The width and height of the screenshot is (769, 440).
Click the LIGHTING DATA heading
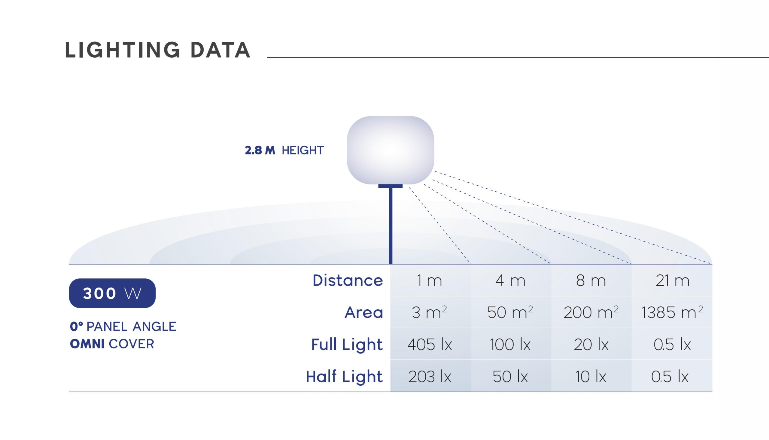point(157,50)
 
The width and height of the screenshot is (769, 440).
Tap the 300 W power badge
point(112,293)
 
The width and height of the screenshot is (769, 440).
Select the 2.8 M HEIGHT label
point(284,150)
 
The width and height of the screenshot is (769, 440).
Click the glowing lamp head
point(391,150)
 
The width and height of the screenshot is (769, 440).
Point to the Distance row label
point(348,280)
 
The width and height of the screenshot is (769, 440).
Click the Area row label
point(364,312)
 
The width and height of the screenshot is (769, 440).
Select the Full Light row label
point(347,344)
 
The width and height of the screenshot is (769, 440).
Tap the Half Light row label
point(344,377)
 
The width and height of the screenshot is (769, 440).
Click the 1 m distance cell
point(429,281)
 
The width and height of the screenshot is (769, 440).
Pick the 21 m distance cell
point(673,281)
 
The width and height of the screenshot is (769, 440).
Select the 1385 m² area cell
point(672,312)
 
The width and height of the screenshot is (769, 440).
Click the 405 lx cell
point(430,344)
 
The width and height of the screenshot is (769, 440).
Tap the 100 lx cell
point(510,344)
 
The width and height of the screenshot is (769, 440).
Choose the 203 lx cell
point(430,377)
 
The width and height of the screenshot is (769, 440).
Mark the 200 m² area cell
point(591,312)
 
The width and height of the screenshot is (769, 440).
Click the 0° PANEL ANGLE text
point(123,327)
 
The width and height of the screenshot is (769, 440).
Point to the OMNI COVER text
point(112,344)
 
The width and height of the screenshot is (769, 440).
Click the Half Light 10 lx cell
point(591,377)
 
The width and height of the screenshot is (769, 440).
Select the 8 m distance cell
point(591,281)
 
